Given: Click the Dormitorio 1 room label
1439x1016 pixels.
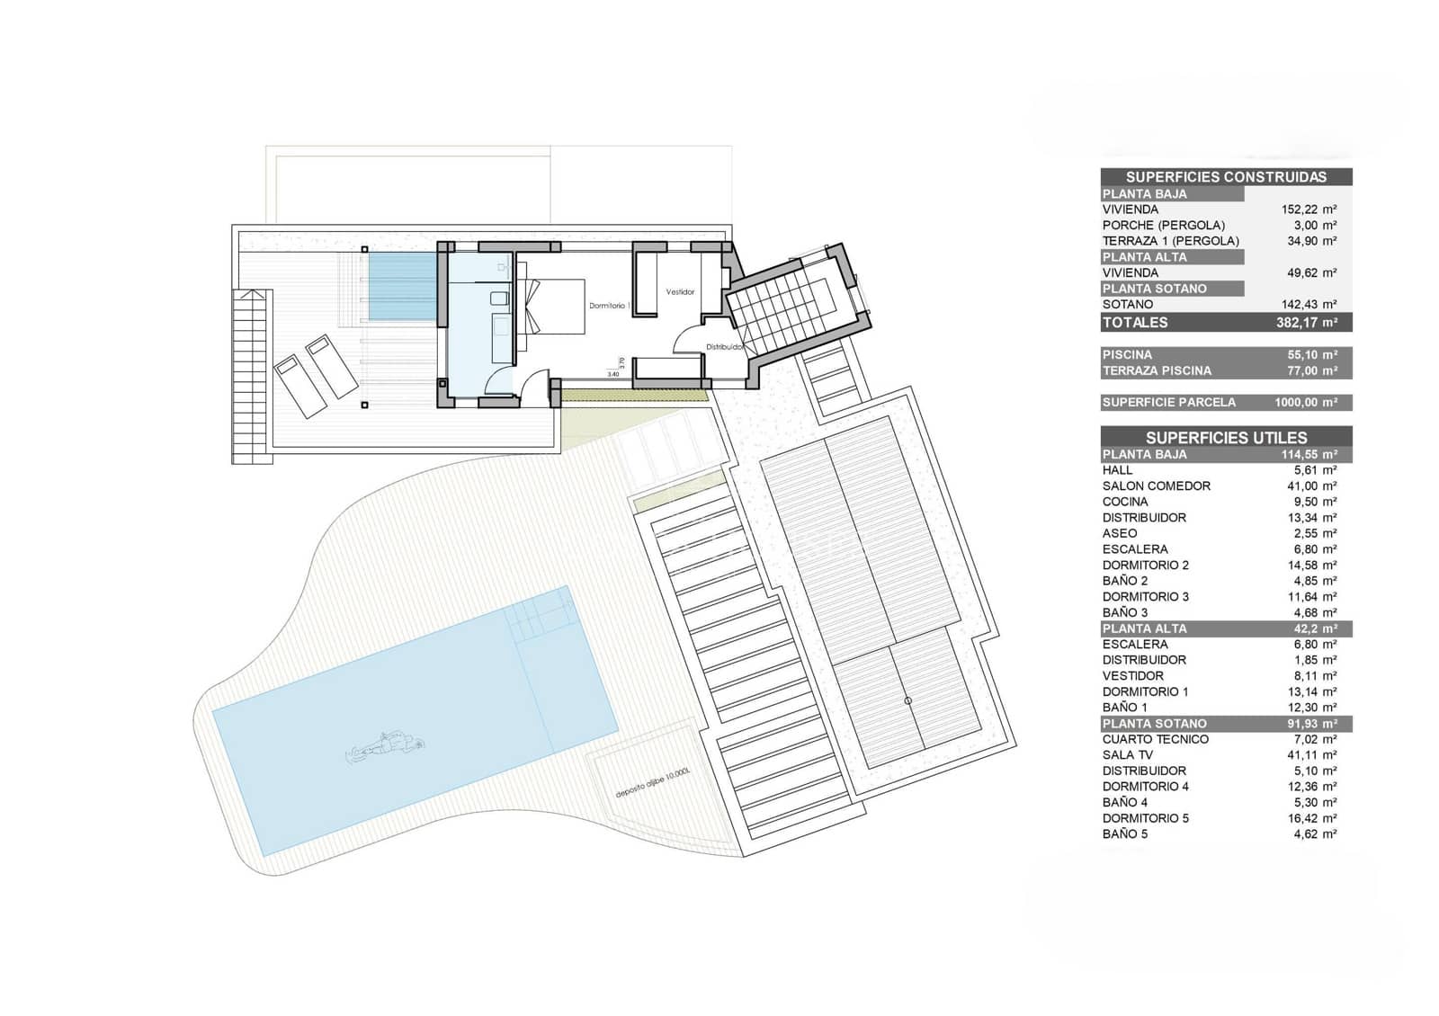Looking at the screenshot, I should pyautogui.click(x=608, y=306).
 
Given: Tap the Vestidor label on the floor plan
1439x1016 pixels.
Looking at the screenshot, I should pyautogui.click(x=680, y=292).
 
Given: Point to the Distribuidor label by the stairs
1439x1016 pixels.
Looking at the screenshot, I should pyautogui.click(x=725, y=346).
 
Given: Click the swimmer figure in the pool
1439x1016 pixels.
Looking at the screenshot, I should pyautogui.click(x=385, y=744).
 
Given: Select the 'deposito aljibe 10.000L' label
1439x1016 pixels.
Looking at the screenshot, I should pyautogui.click(x=652, y=783).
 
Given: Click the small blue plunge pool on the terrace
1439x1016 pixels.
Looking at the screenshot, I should pyautogui.click(x=402, y=285).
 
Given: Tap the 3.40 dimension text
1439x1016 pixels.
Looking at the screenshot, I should pyautogui.click(x=613, y=374).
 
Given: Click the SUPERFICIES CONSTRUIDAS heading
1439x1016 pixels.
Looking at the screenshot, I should pyautogui.click(x=1226, y=177).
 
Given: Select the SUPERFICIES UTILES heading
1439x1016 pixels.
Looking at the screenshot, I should pyautogui.click(x=1226, y=438).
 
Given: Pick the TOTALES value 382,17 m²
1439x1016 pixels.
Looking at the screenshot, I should pyautogui.click(x=1306, y=323).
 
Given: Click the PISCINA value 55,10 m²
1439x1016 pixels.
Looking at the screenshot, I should pyautogui.click(x=1311, y=355).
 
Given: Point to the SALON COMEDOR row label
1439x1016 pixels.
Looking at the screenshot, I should pyautogui.click(x=1156, y=486).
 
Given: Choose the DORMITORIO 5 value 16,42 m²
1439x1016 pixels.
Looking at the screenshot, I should pyautogui.click(x=1311, y=818).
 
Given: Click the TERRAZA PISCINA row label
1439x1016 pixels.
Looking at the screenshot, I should pyautogui.click(x=1157, y=370).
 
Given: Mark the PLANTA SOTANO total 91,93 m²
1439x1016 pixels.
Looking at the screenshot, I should pyautogui.click(x=1311, y=724).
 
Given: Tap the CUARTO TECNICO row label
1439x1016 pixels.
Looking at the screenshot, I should pyautogui.click(x=1155, y=739).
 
